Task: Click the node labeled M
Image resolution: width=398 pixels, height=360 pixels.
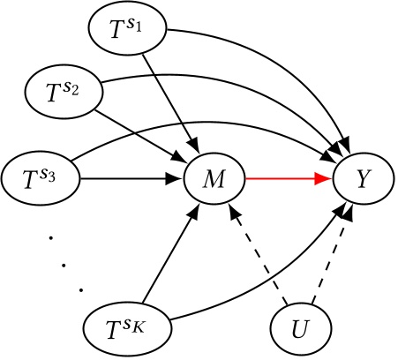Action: [x=214, y=180]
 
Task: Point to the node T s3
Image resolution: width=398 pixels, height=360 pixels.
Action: [x=39, y=180]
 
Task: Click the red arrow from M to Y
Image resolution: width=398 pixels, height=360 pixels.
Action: [x=282, y=180]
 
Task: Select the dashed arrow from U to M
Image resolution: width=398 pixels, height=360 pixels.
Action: [x=260, y=257]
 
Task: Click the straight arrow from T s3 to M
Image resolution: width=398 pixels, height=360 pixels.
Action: [x=128, y=180]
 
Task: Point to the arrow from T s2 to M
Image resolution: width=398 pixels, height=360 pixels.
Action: [x=141, y=131]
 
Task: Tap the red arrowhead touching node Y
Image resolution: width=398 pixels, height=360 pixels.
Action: [x=325, y=180]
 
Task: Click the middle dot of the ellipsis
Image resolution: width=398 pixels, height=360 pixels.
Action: [x=63, y=262]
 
